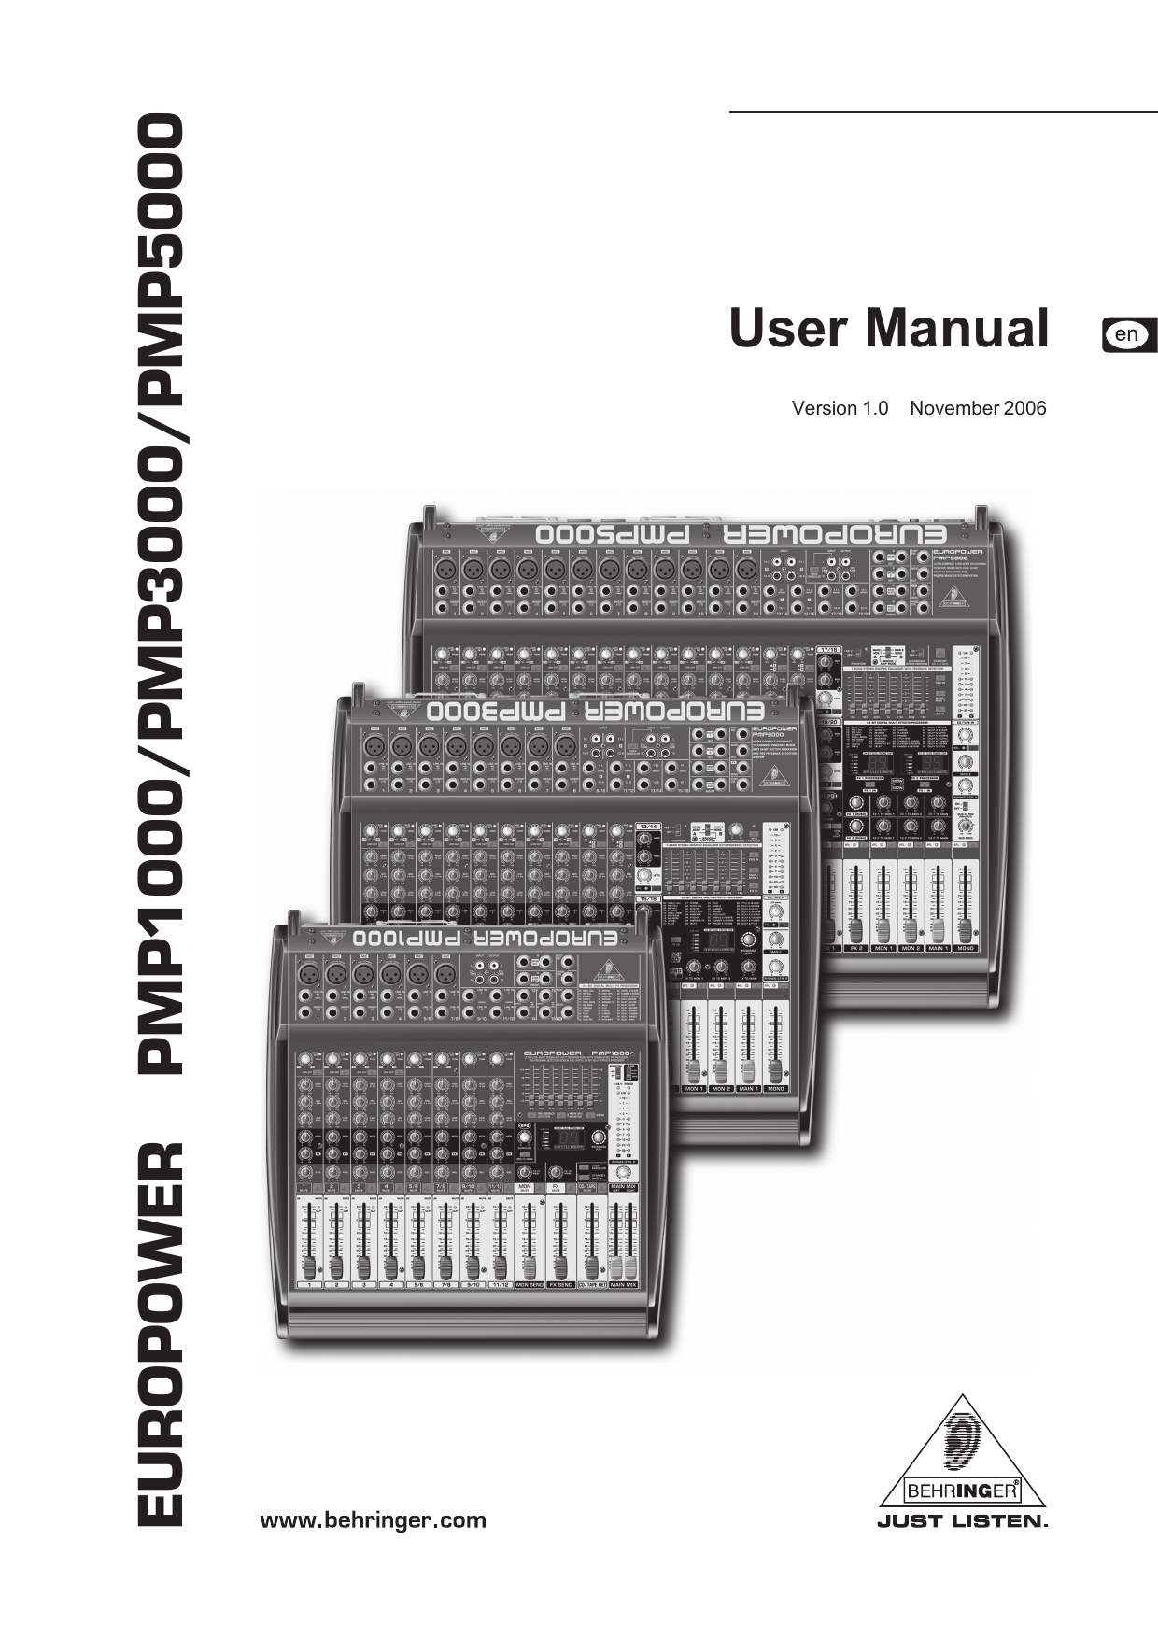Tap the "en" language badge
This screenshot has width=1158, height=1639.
(x=1128, y=334)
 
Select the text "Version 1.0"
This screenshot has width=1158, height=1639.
(x=840, y=408)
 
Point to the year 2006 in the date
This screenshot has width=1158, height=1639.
(x=1025, y=408)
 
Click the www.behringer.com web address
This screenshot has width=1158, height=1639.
(x=373, y=1520)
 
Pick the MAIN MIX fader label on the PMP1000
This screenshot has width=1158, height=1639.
(x=624, y=1285)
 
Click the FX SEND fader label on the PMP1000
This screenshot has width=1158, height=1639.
(x=560, y=1285)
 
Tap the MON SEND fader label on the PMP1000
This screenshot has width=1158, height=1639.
(x=530, y=1285)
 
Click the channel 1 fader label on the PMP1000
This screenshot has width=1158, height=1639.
(x=309, y=1285)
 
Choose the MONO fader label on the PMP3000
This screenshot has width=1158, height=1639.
(x=775, y=1089)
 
